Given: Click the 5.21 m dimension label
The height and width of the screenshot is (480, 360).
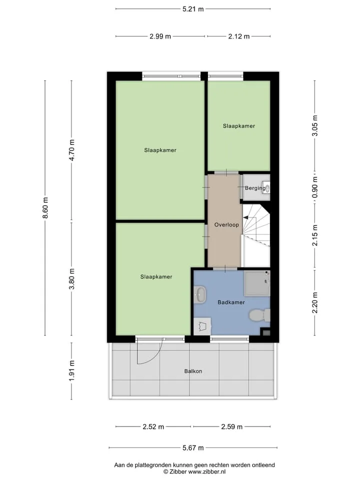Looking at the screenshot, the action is (193, 9).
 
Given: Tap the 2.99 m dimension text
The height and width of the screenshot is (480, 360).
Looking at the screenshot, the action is (160, 36).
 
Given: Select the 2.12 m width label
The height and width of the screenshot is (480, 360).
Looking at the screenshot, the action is (239, 36).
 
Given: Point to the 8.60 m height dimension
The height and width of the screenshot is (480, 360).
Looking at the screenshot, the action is (45, 208).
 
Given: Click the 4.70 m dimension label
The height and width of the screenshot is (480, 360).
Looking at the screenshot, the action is (71, 150).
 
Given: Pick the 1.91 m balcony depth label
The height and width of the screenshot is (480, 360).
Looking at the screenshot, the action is (71, 370).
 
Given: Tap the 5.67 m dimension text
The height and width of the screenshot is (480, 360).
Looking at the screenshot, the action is (193, 448).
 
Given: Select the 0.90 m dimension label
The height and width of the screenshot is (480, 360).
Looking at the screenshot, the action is (314, 187).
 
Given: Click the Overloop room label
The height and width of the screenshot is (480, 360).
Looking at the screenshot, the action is (226, 224).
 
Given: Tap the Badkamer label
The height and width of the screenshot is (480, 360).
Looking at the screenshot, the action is (231, 302).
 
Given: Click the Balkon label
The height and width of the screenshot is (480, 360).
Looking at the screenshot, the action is (193, 371).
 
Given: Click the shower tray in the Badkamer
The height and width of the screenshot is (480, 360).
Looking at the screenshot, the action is (257, 283).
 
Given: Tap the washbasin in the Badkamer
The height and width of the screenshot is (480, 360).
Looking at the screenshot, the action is (200, 294).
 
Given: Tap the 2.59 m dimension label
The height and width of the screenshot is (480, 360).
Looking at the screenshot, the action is (231, 426).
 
